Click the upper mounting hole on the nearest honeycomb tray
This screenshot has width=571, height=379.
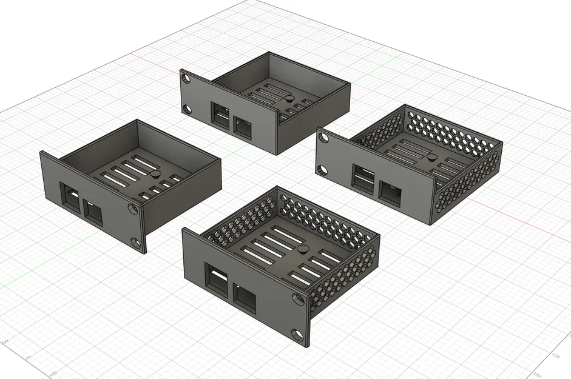[x=297, y=300]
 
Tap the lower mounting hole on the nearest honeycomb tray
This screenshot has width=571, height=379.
[x=298, y=335]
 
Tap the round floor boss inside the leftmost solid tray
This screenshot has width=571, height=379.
[x=157, y=174]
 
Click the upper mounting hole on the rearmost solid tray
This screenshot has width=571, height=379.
[x=184, y=77]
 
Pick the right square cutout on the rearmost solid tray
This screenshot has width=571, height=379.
[x=243, y=128]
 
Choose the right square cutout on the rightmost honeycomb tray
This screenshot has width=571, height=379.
[x=388, y=192]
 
